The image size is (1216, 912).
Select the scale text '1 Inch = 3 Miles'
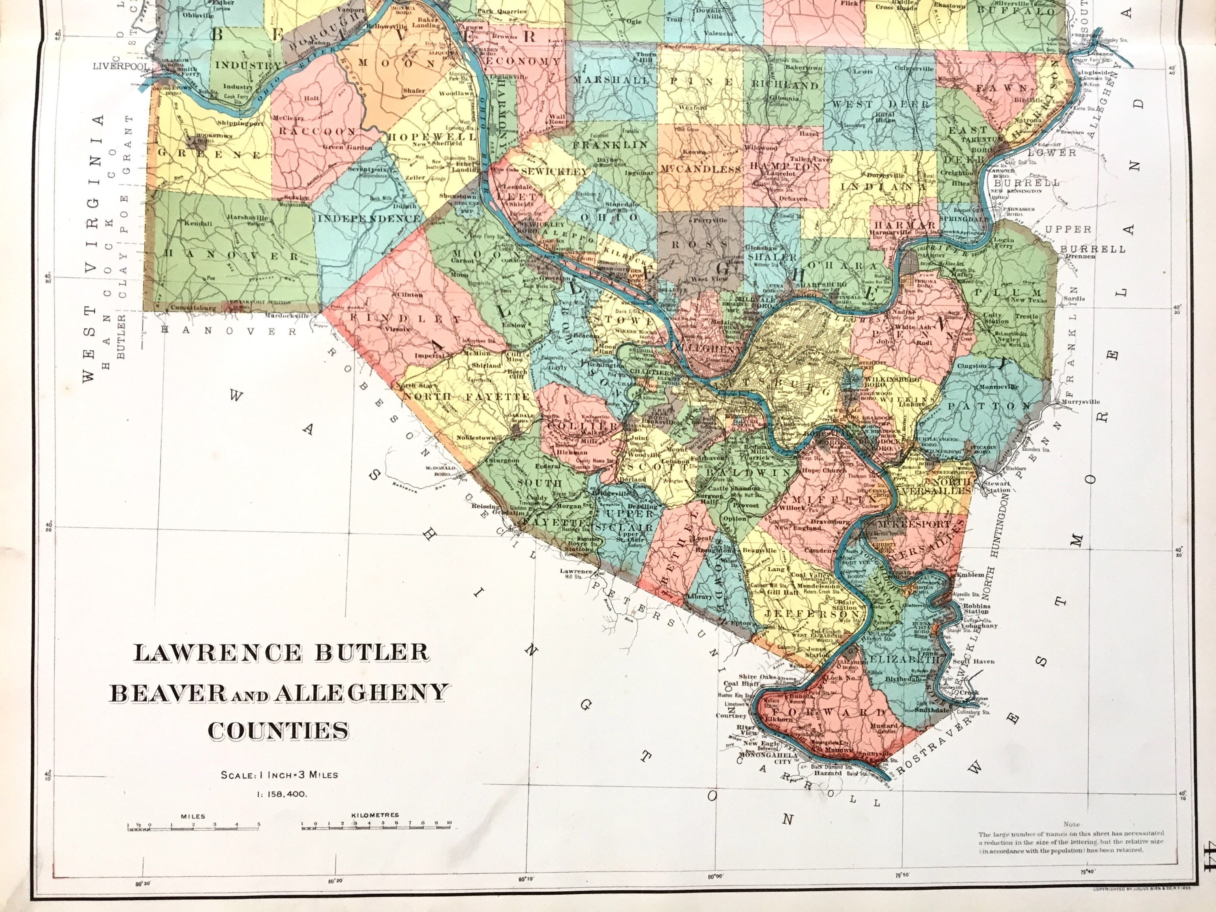click(279, 775)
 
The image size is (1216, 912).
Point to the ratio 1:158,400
click(279, 794)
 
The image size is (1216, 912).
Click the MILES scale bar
click(193, 840)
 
